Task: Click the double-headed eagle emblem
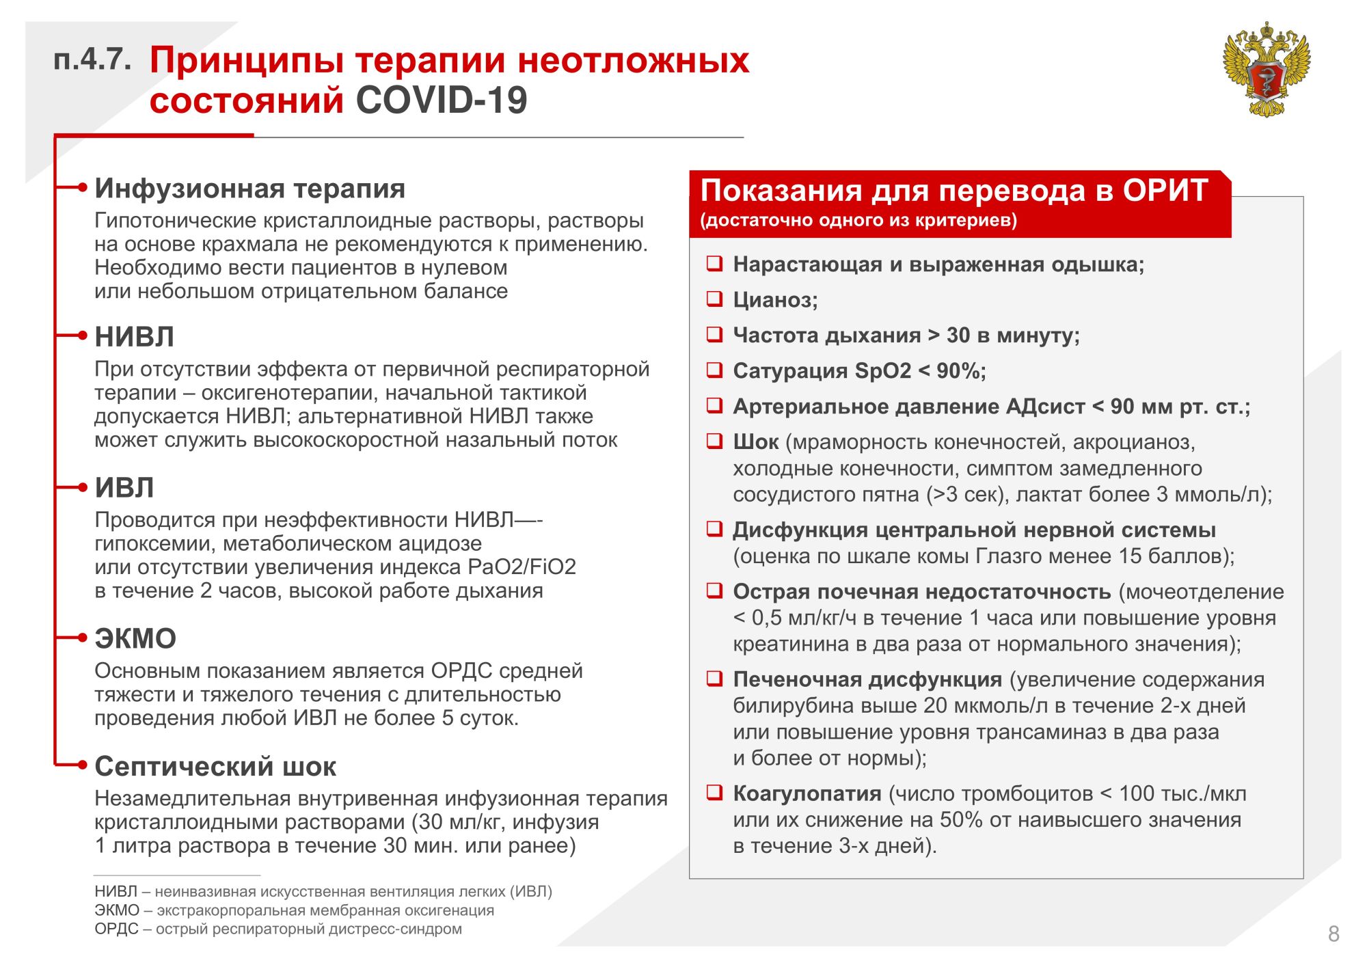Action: (x=1266, y=69)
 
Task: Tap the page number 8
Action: (x=1334, y=934)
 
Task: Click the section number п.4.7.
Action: (x=92, y=60)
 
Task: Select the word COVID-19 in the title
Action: (x=442, y=100)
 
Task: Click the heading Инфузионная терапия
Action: (x=249, y=189)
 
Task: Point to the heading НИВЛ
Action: (x=134, y=337)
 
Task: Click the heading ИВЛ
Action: (x=124, y=488)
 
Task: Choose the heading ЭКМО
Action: (x=135, y=639)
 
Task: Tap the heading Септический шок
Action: (x=215, y=767)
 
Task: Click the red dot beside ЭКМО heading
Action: (x=83, y=638)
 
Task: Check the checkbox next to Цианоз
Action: (x=714, y=299)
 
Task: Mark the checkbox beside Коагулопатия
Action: (x=714, y=793)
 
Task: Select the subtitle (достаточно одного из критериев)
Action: (x=858, y=221)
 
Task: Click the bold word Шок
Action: (x=755, y=442)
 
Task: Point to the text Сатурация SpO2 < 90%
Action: (x=859, y=371)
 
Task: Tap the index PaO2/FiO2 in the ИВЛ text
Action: (x=522, y=567)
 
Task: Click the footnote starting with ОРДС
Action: (x=278, y=929)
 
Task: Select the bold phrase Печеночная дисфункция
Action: (x=867, y=679)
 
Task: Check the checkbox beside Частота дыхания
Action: (x=714, y=334)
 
